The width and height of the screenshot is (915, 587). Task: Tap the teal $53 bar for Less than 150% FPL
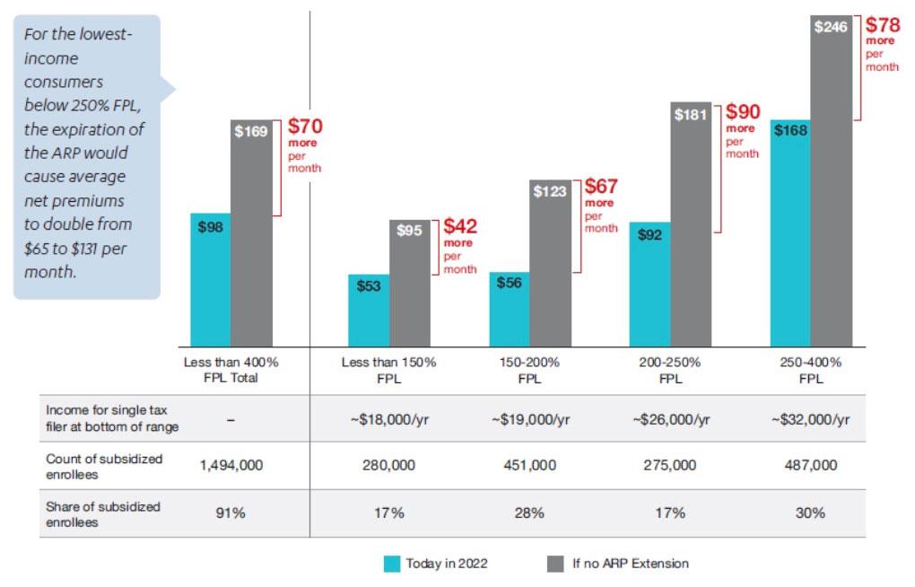[x=369, y=310]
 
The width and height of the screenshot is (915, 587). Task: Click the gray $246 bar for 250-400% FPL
[x=831, y=180]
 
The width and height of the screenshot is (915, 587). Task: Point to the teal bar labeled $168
[x=790, y=232]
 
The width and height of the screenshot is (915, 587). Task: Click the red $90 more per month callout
[x=742, y=129]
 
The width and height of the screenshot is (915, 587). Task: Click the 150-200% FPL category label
[x=530, y=370]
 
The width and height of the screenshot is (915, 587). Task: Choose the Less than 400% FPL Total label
[x=231, y=370]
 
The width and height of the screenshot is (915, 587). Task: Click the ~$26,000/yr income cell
[x=670, y=418]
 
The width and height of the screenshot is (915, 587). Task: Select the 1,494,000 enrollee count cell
[x=231, y=465]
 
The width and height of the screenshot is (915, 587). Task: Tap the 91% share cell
[x=231, y=513]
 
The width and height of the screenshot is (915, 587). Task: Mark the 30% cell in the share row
[x=812, y=513]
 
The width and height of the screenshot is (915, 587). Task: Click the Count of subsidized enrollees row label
[x=104, y=465]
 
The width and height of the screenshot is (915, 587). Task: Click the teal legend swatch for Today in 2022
[x=391, y=564]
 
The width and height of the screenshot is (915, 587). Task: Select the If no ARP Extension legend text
[x=631, y=564]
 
